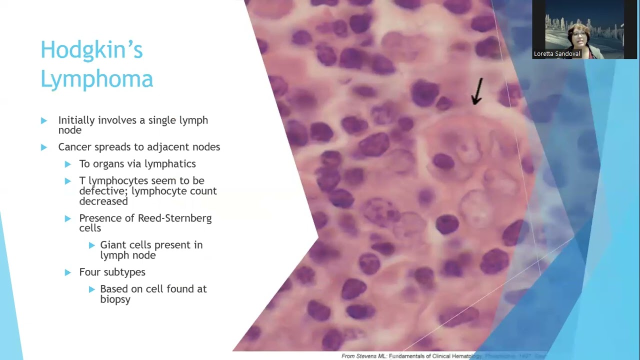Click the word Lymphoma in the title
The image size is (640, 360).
(96, 79)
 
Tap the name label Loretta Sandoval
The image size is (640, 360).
(556, 54)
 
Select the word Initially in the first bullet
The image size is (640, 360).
(76, 120)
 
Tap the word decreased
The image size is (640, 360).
(103, 201)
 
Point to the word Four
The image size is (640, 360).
(90, 272)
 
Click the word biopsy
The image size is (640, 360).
(115, 299)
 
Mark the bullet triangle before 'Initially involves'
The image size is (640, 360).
(44, 120)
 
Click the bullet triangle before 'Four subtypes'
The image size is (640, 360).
(68, 272)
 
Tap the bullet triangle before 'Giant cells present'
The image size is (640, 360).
(92, 245)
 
